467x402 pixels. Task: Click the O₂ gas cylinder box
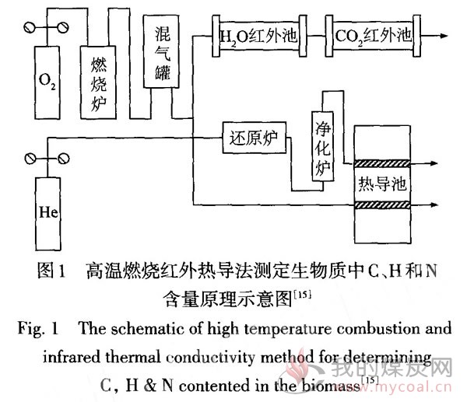pos(47,82)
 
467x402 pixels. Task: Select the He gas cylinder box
pos(48,214)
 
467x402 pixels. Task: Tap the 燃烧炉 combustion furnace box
pos(98,82)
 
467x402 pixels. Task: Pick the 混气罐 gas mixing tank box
pos(161,51)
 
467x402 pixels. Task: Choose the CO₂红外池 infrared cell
pos(373,36)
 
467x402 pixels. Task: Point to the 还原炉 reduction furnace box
pos(255,138)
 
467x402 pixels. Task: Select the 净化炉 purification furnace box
pos(322,146)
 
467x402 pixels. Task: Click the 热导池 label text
pos(382,184)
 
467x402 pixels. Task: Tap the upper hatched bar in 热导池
pos(382,163)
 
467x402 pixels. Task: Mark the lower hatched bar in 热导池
pos(382,204)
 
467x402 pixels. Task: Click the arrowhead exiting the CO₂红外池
pos(444,36)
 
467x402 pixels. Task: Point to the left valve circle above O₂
pos(30,28)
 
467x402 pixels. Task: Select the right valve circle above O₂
pos(63,28)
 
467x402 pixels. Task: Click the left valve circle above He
pos(30,159)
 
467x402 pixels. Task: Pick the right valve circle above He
pos(64,159)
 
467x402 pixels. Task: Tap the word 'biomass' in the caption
pos(331,386)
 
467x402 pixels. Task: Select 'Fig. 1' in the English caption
pos(38,329)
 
